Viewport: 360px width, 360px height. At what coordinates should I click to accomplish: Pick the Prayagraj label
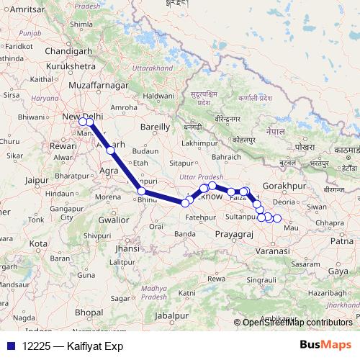234,235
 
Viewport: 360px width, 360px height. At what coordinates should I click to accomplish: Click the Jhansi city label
126,248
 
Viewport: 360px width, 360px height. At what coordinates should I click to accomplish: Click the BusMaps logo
326,346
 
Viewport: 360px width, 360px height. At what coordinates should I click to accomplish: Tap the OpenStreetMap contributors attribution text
297,323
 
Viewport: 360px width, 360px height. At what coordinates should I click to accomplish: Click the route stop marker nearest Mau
277,218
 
